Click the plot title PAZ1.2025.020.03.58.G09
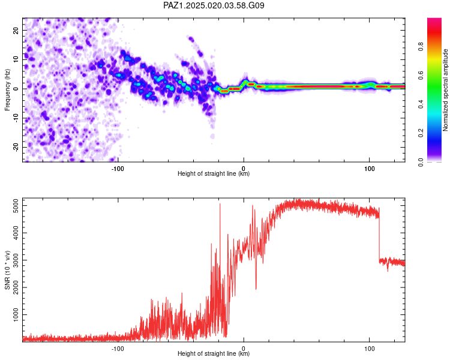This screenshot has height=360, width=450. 214,5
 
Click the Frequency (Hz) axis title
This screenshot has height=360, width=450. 7,90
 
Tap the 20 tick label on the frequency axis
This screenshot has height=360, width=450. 16,31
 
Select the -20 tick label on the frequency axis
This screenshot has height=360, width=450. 16,147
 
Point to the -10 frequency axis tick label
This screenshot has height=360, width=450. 16,118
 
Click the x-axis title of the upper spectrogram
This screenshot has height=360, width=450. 214,173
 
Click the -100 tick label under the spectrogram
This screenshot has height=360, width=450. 118,169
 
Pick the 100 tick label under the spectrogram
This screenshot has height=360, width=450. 370,169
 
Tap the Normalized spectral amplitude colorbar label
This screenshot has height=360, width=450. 445,90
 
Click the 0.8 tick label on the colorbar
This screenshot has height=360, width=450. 421,47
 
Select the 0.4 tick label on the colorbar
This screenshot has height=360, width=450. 421,104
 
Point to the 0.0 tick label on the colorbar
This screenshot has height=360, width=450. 421,162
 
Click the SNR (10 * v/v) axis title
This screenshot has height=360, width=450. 7,270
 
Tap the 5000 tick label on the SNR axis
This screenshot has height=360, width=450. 16,206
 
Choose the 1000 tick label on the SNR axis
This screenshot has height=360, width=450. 16,314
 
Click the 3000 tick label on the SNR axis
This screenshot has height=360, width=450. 16,260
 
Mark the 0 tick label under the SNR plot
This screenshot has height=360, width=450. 244,349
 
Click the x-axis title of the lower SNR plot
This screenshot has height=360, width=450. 214,353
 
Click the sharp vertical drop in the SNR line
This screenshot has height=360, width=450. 379,234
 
